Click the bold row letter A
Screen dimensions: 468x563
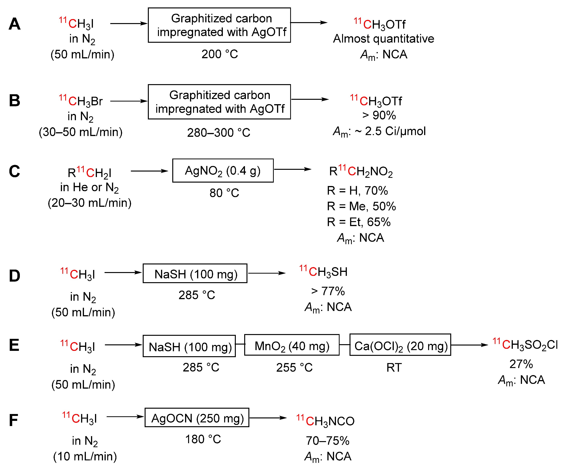[14, 24]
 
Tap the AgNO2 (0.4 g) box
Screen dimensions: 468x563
[223, 171]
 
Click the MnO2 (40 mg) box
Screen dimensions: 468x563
[292, 345]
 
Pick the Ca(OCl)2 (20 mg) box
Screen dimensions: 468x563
[400, 345]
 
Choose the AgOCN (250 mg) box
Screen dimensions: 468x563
[197, 418]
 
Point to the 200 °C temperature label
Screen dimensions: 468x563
[220, 54]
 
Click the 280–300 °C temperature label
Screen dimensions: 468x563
[218, 133]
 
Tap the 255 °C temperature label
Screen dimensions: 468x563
[294, 367]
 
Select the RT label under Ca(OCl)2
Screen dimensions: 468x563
[394, 367]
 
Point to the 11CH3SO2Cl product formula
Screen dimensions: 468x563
[525, 345]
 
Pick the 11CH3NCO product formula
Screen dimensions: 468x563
[325, 421]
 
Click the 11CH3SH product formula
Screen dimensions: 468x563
[324, 272]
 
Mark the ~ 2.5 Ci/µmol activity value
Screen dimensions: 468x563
[390, 131]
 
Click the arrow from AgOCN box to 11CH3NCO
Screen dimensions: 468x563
[268, 418]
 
